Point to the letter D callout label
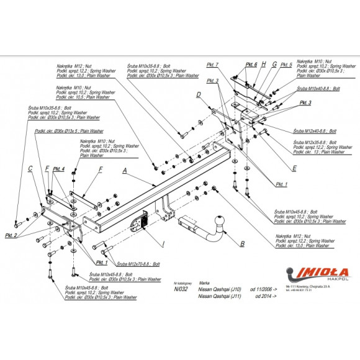click(x=198, y=94)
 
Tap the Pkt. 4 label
click(x=59, y=169)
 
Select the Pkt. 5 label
click(x=286, y=64)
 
